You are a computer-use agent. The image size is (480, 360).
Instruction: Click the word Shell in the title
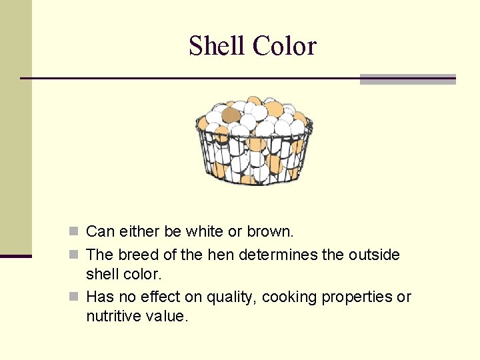217,46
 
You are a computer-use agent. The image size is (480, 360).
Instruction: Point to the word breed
139,255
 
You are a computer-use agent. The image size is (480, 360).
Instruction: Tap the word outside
374,255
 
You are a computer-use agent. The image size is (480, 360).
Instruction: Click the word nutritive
110,316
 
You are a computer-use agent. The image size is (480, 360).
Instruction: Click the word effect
167,297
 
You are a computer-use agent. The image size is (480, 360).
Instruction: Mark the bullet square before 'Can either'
75,232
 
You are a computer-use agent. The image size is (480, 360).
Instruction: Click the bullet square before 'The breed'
75,255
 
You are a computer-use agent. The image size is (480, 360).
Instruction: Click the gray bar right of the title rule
407,79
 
